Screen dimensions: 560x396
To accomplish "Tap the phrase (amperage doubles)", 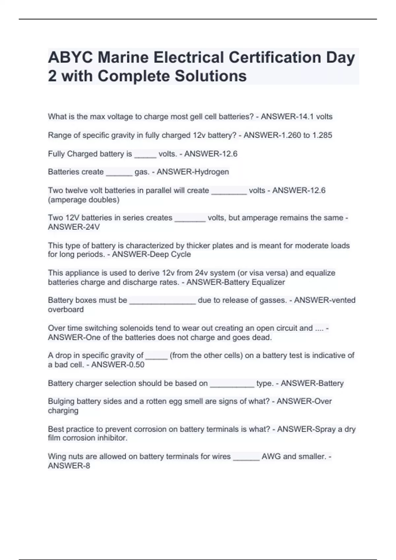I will coord(84,200).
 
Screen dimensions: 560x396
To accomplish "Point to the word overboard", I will coord(66,310).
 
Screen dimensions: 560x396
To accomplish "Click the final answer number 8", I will coord(88,466).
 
